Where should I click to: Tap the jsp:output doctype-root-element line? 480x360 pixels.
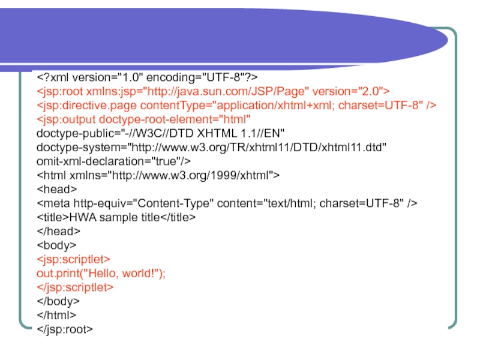coord(144,119)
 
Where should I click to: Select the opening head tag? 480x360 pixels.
coord(56,189)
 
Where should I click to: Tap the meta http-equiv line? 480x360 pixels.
coord(227,203)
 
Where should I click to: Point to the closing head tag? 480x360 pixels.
coord(58,231)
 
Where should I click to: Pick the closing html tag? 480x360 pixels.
coord(56,315)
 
